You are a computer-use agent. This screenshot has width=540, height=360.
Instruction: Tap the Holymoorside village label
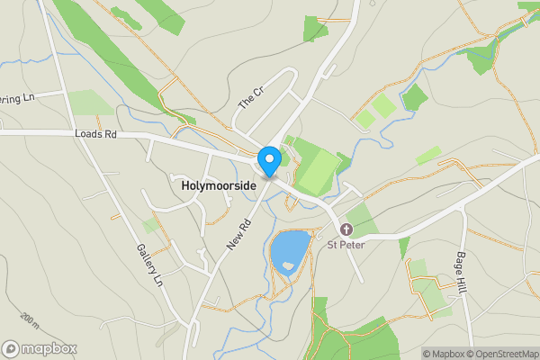(x=219, y=184)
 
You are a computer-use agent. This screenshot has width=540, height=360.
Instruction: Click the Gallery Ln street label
(x=149, y=265)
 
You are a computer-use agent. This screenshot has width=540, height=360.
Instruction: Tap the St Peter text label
(x=345, y=243)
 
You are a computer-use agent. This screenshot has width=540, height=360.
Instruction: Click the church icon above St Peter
(x=346, y=229)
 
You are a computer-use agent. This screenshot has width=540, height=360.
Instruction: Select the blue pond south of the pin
(x=290, y=250)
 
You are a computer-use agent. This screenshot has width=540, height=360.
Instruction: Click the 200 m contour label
(x=29, y=319)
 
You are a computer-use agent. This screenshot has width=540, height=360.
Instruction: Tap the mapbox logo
(x=40, y=348)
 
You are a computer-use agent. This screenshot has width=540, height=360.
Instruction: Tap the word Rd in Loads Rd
(x=110, y=135)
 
